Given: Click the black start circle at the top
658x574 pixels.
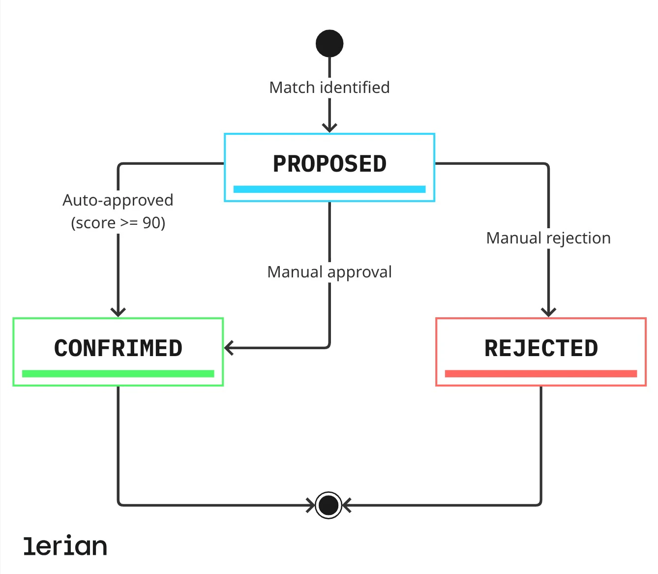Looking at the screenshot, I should pyautogui.click(x=329, y=43).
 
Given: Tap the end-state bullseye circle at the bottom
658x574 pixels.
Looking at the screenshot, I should pyautogui.click(x=329, y=505).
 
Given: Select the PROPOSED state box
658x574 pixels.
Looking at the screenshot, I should pyautogui.click(x=329, y=167).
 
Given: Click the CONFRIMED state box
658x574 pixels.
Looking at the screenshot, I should pyautogui.click(x=118, y=352).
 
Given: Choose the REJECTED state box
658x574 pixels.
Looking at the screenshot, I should pyautogui.click(x=541, y=352).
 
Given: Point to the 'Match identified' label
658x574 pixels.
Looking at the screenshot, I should pyautogui.click(x=329, y=88).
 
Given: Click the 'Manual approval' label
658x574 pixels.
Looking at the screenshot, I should pyautogui.click(x=329, y=272).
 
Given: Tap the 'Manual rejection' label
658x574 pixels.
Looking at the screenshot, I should pyautogui.click(x=548, y=238).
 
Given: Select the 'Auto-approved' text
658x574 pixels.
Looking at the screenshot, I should pyautogui.click(x=118, y=200).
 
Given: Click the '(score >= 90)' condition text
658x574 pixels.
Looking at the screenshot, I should pyautogui.click(x=118, y=223).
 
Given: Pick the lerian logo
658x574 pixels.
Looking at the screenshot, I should pyautogui.click(x=65, y=546).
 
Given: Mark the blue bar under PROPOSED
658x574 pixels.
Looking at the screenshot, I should pyautogui.click(x=329, y=189).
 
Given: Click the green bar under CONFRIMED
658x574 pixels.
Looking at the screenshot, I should pyautogui.click(x=118, y=374).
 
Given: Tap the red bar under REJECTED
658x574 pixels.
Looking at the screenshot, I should pyautogui.click(x=541, y=374).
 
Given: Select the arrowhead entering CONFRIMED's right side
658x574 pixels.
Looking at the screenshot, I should pyautogui.click(x=229, y=348).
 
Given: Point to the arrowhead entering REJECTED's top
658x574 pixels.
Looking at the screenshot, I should pyautogui.click(x=548, y=312).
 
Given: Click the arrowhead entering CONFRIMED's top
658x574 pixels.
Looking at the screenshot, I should pyautogui.click(x=118, y=312).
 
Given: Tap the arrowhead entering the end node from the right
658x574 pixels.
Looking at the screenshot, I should pyautogui.click(x=347, y=505).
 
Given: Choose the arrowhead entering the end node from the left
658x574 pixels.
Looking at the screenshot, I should pyautogui.click(x=310, y=505).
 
